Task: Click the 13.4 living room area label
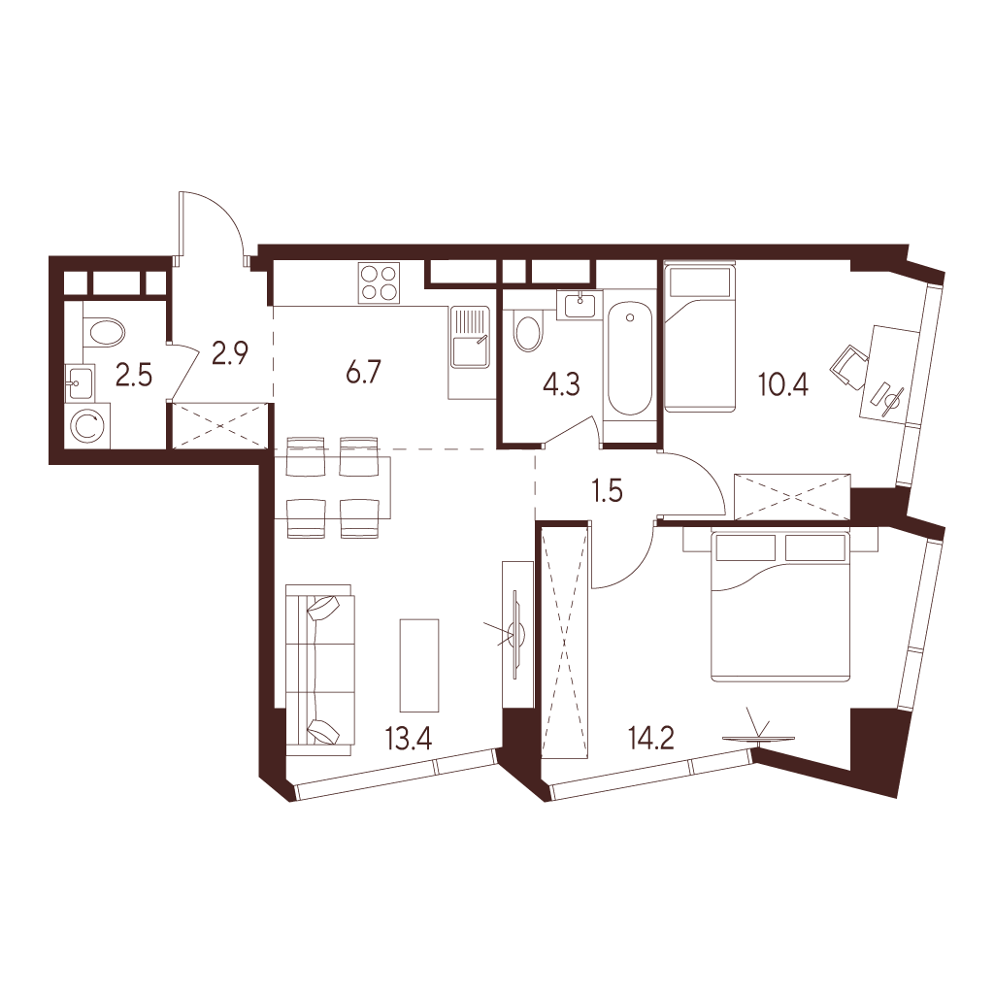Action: click(408, 741)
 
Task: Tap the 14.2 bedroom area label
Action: click(650, 741)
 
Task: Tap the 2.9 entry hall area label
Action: click(229, 351)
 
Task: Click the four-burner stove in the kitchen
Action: click(380, 282)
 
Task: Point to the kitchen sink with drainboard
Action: click(470, 336)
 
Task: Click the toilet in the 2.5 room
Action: click(104, 332)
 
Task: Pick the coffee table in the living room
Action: click(419, 665)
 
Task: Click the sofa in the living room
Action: click(318, 670)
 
